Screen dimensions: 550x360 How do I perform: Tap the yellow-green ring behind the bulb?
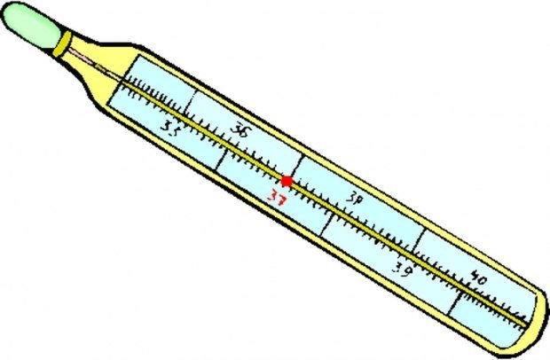pos(62,43)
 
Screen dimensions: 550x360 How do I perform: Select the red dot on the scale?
pos(287,181)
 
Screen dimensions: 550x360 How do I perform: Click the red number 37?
pos(277,198)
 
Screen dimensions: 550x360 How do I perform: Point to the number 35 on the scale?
pos(171,128)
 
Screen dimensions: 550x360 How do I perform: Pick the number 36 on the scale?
pos(241,129)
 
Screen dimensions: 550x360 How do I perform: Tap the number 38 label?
pos(354,198)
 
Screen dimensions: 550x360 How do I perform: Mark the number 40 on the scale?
pos(479,278)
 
